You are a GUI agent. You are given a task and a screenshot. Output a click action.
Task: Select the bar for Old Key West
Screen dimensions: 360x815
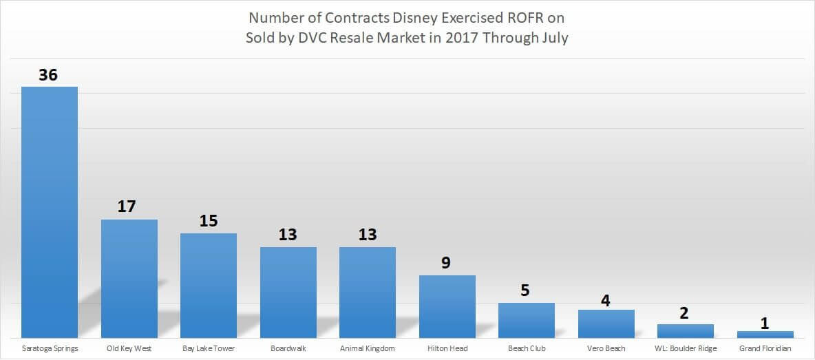pos(129,279)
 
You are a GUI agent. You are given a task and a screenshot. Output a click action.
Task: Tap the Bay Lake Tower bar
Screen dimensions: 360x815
pos(209,286)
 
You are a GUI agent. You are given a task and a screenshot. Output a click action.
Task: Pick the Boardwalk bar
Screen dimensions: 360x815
pos(288,293)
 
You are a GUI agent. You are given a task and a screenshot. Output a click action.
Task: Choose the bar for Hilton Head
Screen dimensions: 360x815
pos(447,306)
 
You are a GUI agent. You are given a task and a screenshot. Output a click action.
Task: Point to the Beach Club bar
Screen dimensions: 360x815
pos(527,320)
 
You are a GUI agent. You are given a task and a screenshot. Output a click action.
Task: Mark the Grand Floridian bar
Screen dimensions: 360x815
pos(765,335)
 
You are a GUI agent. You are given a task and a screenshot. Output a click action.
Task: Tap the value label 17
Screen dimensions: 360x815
pos(128,207)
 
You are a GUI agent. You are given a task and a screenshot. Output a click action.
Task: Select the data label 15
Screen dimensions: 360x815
pos(208,221)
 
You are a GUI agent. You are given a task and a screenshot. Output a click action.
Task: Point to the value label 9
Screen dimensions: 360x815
pos(447,262)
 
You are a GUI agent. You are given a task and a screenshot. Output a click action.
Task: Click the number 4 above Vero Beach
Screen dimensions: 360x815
pos(606,300)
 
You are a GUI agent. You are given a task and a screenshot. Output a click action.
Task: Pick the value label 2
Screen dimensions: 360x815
pos(685,313)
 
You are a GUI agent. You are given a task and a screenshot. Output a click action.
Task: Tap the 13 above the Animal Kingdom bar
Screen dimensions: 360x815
pos(368,235)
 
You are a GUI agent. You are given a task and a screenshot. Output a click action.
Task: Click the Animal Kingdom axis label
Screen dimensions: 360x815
pos(368,348)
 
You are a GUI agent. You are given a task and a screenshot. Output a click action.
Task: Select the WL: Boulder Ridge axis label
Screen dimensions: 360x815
pos(686,348)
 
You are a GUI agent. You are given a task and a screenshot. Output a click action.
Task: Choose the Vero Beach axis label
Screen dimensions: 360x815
pos(606,348)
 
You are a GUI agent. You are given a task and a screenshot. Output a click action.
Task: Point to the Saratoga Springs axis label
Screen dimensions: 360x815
pos(50,348)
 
